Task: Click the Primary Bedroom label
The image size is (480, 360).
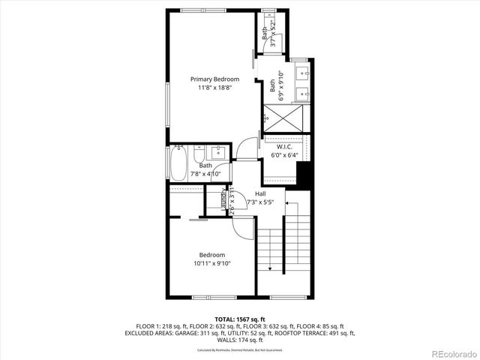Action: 214,79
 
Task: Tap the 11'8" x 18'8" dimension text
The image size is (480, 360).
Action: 214,88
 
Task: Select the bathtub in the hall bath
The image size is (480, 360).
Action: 178,163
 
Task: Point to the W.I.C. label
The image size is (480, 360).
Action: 283,147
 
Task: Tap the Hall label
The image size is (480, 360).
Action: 259,193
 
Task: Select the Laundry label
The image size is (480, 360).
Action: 224,199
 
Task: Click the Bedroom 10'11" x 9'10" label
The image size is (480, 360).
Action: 211,259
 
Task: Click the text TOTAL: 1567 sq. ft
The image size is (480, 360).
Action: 240,319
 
